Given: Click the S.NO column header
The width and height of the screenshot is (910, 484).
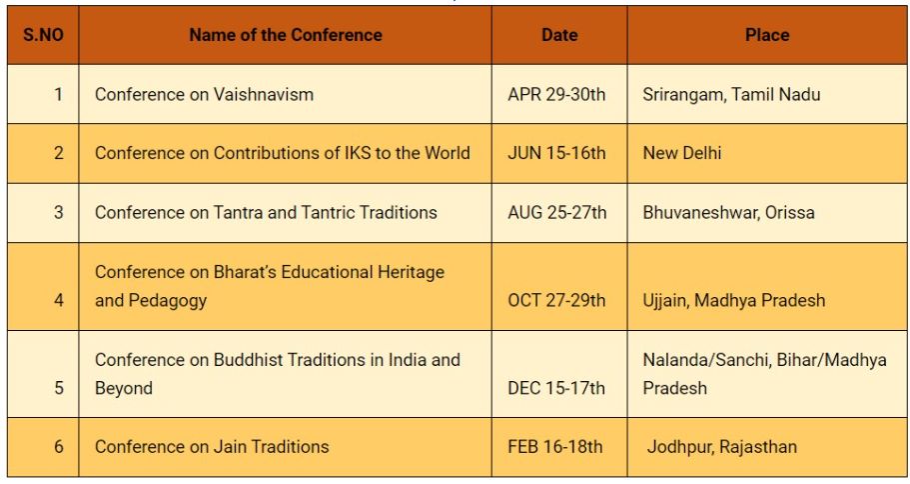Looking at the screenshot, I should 43,35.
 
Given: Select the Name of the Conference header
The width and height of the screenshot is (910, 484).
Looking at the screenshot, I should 285,35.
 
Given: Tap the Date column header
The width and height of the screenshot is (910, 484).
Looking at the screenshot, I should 559,35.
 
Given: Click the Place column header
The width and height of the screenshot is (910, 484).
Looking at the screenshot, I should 767,35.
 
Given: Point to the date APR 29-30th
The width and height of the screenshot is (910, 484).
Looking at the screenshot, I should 556,95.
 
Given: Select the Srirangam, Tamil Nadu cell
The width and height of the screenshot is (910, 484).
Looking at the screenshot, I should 731,95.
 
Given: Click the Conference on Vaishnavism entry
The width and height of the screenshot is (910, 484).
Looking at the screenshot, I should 204,95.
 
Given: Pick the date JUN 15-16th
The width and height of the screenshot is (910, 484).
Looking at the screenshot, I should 556,153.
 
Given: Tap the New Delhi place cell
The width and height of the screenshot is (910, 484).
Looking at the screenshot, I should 682,153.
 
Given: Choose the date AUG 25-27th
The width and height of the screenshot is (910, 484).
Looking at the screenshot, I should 556,212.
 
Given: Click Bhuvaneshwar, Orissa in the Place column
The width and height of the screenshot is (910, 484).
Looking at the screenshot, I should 728,212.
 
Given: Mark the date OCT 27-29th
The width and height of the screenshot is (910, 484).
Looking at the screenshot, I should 556,300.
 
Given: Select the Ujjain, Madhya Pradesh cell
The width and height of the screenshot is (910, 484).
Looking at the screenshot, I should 734,300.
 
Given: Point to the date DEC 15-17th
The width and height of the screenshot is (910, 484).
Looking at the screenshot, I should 556,388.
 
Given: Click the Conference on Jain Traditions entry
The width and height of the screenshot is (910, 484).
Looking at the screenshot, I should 212,447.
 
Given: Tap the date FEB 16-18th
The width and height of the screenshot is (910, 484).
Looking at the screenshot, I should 555,447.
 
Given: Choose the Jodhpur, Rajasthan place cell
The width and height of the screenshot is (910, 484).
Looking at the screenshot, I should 722,447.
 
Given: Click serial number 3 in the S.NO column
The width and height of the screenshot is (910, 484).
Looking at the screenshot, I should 58,212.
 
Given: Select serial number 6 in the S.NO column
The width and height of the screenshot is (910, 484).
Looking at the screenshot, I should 58,447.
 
